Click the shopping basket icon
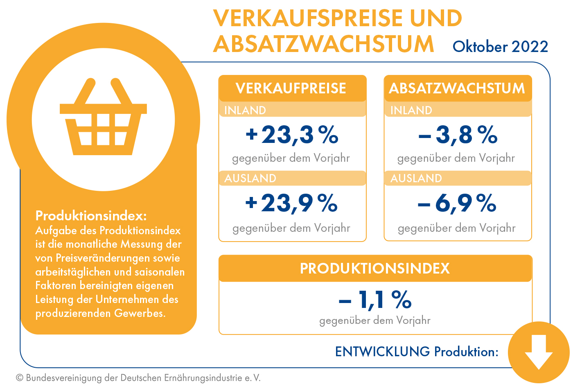[x=103, y=119]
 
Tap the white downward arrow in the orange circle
[x=539, y=352]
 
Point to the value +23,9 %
[x=291, y=203]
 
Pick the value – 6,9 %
[x=457, y=203]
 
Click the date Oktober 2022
[x=500, y=47]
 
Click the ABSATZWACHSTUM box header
[x=457, y=88]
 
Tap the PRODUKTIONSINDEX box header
[x=375, y=269]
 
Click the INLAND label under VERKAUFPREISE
[x=245, y=110]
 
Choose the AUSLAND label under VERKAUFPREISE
[x=250, y=178]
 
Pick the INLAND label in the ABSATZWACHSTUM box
[x=411, y=110]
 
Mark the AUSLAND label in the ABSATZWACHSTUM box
[x=416, y=178]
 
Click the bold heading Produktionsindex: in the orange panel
[x=91, y=215]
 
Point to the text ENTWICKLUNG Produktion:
[x=417, y=351]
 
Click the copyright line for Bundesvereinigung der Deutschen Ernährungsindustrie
[x=138, y=378]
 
